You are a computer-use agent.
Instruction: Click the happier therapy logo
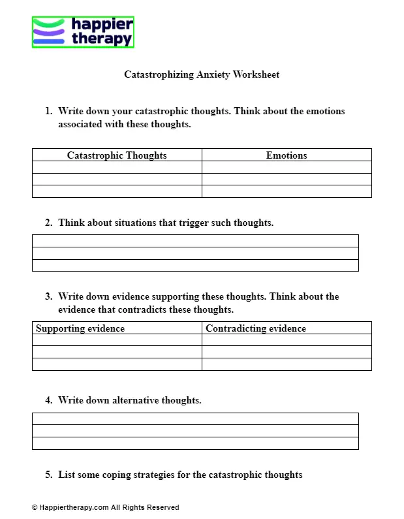(x=83, y=33)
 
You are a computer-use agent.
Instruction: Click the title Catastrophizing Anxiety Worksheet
(x=202, y=74)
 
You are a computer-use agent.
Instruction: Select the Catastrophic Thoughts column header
(x=117, y=155)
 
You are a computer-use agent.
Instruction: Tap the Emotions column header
(x=287, y=155)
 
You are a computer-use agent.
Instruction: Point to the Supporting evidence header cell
(x=80, y=328)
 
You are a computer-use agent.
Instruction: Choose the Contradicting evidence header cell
(x=256, y=328)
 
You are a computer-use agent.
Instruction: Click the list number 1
(x=48, y=111)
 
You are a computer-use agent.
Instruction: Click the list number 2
(x=48, y=223)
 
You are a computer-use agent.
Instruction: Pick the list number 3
(x=48, y=296)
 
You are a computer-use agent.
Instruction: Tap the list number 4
(x=48, y=400)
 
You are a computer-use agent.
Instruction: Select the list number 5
(x=48, y=475)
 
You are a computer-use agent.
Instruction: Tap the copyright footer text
(x=105, y=507)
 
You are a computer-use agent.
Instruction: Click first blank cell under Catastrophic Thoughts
(x=117, y=167)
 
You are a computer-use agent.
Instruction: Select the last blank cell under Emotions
(x=287, y=191)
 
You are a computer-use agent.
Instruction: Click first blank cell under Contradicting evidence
(x=287, y=340)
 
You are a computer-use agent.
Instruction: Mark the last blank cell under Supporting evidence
(x=117, y=364)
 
